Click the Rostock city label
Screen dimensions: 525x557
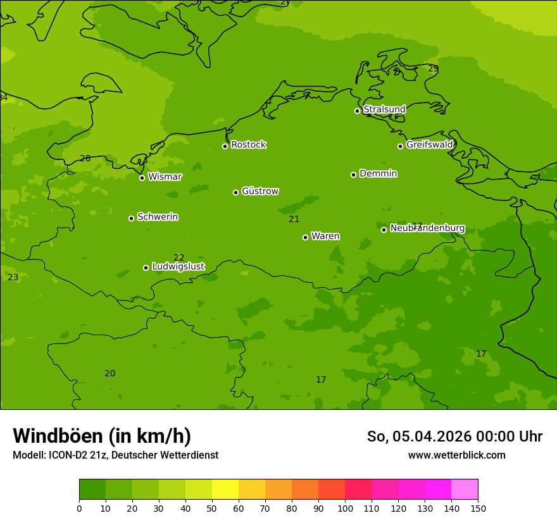[x=248, y=145]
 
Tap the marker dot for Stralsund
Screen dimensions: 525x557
[x=357, y=111]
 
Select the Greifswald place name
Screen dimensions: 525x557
[x=429, y=145]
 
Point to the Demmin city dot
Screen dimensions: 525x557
[x=353, y=175]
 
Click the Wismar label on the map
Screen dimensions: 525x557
[x=165, y=177]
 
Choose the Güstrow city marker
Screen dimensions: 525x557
[x=235, y=192]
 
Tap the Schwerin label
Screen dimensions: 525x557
[x=158, y=217]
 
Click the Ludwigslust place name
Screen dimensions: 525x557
[x=178, y=267]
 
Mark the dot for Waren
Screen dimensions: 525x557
[x=305, y=237]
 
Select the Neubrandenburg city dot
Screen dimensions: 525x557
[x=384, y=230]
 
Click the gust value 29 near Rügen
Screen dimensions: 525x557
[x=433, y=68]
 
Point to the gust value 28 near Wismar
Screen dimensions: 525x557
[x=85, y=159]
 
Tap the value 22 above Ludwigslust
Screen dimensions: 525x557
[x=179, y=257]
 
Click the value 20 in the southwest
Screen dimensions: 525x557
[x=110, y=374]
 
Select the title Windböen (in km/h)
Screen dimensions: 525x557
[x=102, y=436]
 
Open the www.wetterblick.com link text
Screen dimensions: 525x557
[x=456, y=455]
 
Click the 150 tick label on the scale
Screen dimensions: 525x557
[x=478, y=508]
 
